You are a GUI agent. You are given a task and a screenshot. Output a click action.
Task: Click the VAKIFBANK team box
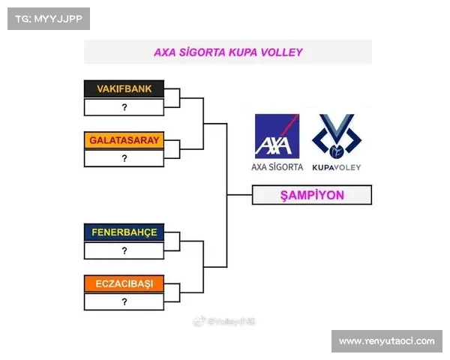tap(124, 89)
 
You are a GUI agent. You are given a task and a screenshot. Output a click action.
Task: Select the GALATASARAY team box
tap(124, 140)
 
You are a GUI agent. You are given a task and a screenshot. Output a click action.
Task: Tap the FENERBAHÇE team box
tap(124, 232)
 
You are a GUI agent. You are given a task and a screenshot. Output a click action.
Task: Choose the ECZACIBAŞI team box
tap(124, 284)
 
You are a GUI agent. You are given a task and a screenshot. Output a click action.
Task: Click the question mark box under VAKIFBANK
tap(124, 107)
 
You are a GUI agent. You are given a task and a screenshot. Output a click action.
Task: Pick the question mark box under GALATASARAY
tap(124, 158)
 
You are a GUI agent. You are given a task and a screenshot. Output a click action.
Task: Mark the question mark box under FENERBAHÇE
tap(124, 250)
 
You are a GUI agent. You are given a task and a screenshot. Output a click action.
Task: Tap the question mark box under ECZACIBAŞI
tap(124, 301)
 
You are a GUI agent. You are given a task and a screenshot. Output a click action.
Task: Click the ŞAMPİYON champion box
tap(311, 195)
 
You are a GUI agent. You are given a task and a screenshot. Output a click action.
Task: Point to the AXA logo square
tap(277, 136)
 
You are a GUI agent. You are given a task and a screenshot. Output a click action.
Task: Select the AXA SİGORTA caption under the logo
tap(277, 166)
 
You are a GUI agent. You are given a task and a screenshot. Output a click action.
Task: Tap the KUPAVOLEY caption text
tap(337, 166)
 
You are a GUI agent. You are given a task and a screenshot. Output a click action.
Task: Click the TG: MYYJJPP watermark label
tap(48, 18)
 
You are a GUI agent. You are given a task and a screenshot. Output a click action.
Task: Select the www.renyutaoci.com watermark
tap(386, 341)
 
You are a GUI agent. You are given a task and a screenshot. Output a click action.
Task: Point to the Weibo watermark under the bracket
tap(225, 320)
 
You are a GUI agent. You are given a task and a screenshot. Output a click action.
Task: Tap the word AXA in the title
tap(163, 52)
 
